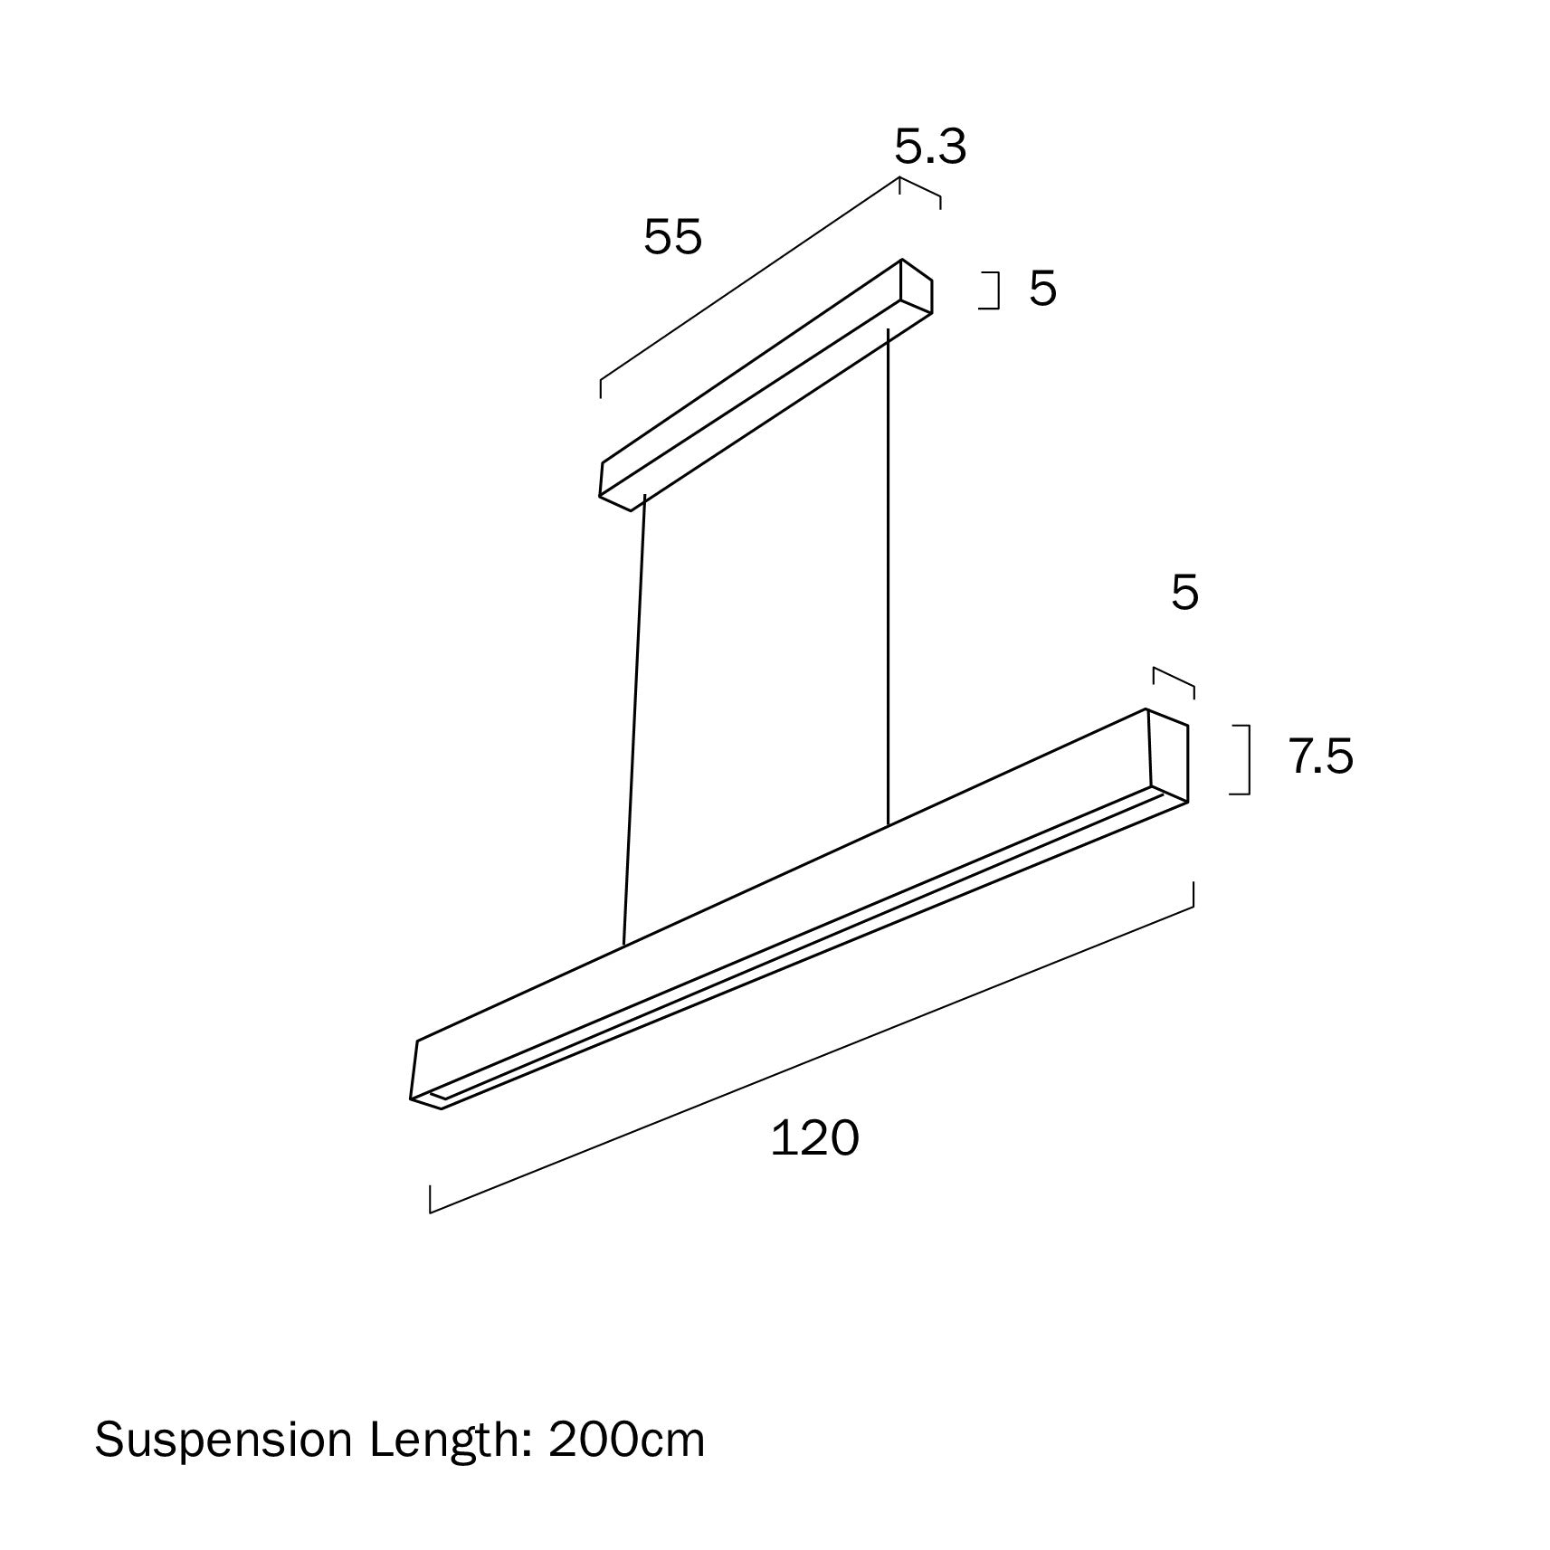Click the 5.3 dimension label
pos(930,147)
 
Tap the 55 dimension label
pos(672,238)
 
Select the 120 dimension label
pos(814,1138)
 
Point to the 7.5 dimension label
pos(1321,756)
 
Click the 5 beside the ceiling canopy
pos(1042,289)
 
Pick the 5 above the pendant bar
pos(1184,593)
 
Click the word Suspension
pos(223,1440)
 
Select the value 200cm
pos(626,1440)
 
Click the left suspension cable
pos(633,724)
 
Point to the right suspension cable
pos(889,579)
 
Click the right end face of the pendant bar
pos(1168,754)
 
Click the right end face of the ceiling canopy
pos(917,287)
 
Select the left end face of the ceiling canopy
pos(615,485)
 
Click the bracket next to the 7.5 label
pos(1247,759)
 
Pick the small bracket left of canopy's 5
pos(996,290)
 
